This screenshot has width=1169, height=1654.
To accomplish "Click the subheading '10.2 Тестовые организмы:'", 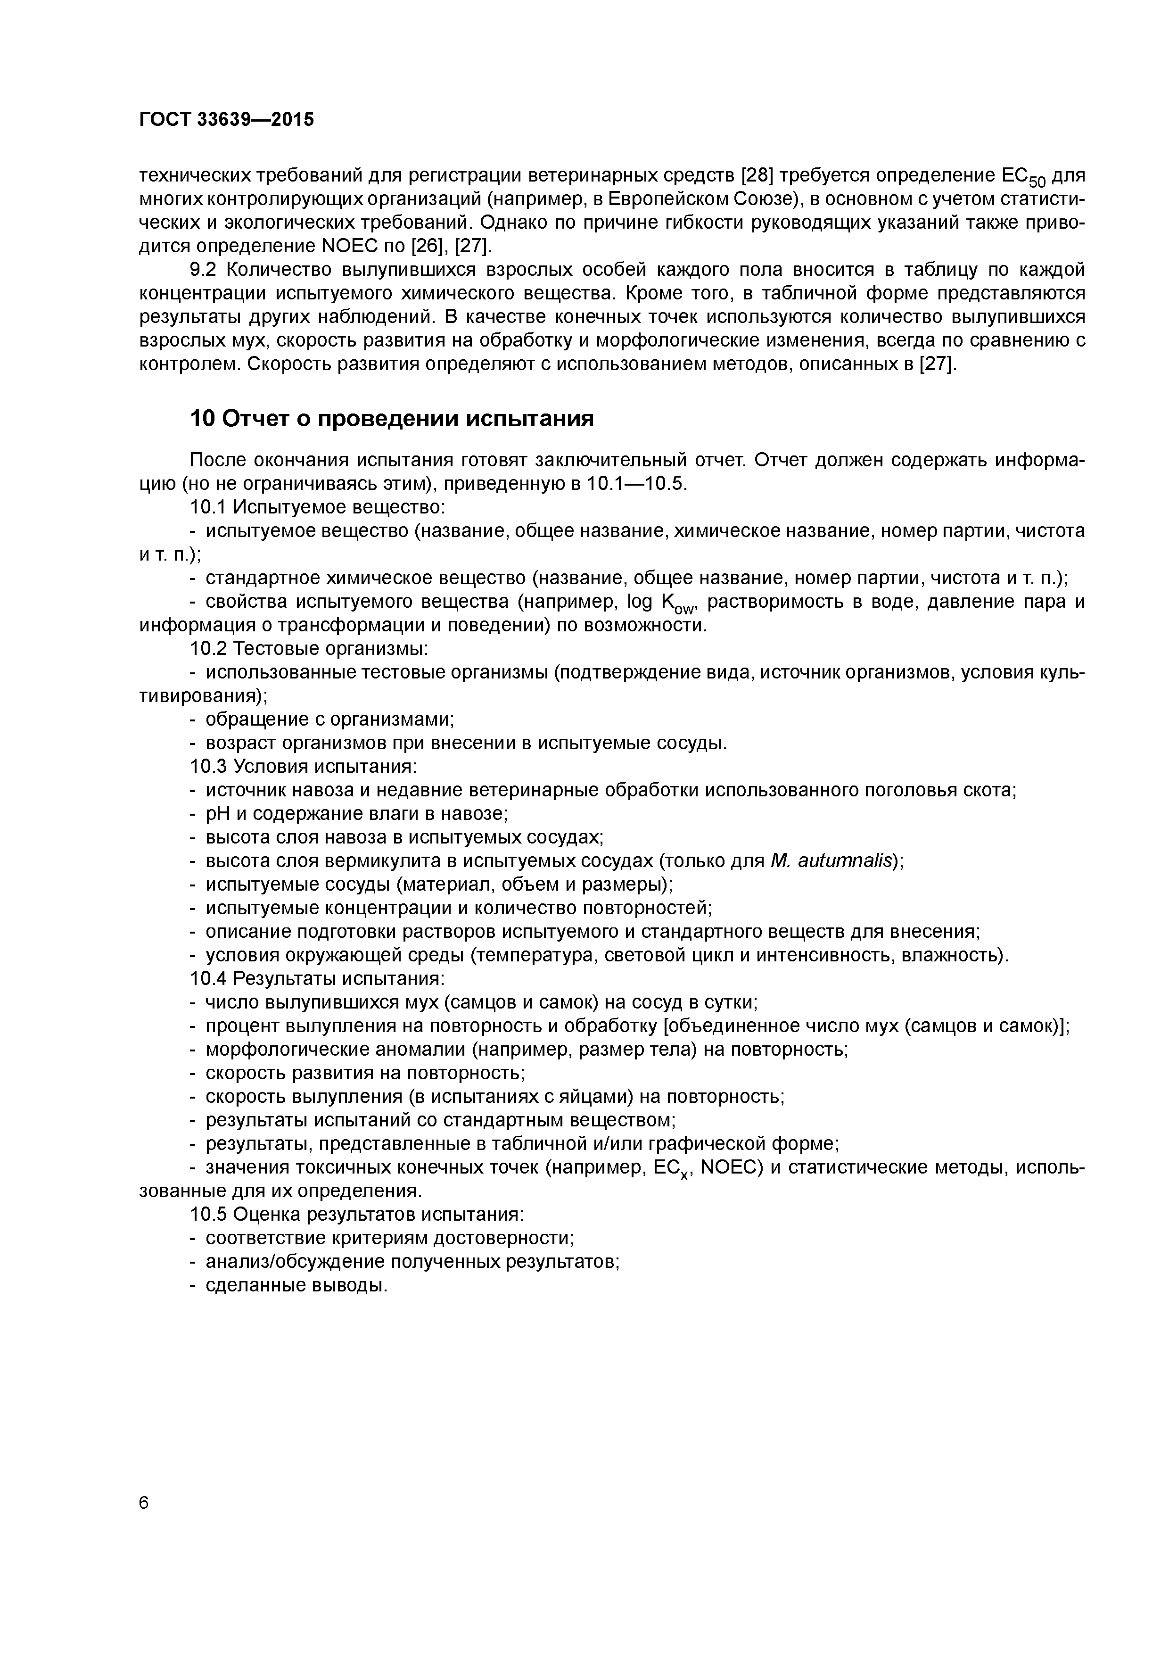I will tap(310, 648).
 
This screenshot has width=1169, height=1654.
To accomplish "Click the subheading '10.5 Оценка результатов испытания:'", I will tap(356, 1214).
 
